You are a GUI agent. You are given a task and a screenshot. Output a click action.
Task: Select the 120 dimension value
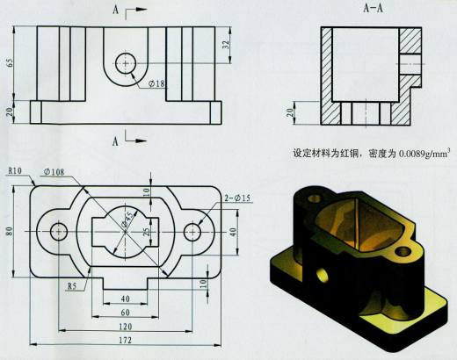(x=126, y=323)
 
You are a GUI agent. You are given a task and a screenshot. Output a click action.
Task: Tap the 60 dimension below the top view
(x=126, y=311)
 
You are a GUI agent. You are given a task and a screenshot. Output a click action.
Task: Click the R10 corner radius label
(x=15, y=170)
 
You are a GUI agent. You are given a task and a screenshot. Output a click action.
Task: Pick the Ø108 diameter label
(x=53, y=172)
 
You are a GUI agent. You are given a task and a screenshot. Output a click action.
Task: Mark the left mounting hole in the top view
(x=59, y=232)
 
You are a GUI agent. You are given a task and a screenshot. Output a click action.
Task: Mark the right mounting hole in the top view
(x=192, y=232)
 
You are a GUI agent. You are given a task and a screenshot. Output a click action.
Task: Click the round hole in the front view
(x=126, y=63)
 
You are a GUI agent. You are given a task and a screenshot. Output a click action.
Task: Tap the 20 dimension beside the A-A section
(x=289, y=112)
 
